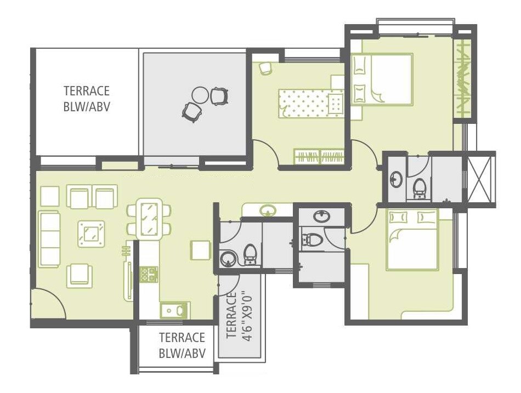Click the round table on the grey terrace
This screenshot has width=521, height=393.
[200, 95]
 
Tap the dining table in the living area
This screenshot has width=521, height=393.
[148, 219]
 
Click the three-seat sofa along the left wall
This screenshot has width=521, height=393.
[49, 238]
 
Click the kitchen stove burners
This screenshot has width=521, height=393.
[149, 274]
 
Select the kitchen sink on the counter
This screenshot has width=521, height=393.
[174, 310]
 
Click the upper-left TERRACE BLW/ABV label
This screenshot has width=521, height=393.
[87, 99]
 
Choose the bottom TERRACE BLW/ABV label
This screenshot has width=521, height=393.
[182, 345]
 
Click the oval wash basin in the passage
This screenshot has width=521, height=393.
[268, 209]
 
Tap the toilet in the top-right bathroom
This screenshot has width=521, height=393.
[420, 187]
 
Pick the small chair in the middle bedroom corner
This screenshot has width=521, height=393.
[265, 67]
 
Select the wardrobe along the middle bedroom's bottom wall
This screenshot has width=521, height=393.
[319, 157]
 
